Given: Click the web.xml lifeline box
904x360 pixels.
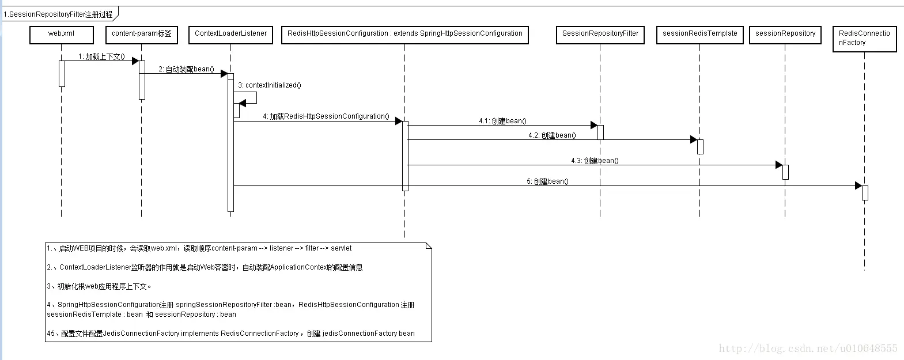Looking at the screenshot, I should (61, 35).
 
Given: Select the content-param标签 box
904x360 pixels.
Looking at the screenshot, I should (141, 35).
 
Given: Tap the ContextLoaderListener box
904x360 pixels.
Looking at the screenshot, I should (230, 35).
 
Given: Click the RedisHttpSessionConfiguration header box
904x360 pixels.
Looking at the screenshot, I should (404, 35).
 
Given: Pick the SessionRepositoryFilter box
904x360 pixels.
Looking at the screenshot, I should (600, 35).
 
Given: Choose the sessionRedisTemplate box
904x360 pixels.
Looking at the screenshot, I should (699, 35).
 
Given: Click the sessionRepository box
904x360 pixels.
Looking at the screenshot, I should (785, 35).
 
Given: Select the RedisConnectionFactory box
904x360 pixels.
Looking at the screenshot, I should (864, 39).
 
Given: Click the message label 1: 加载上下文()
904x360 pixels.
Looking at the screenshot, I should (101, 56).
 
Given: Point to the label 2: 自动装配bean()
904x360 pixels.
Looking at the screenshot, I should (186, 69).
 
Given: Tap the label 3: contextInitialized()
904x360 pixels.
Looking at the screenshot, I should (270, 85).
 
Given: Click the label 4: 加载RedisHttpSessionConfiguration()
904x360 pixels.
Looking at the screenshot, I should (326, 116).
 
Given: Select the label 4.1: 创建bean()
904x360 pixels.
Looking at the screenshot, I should (502, 121).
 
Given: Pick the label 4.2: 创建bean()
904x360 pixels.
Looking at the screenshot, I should (552, 135).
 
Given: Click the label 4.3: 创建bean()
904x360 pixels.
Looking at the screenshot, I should (595, 161).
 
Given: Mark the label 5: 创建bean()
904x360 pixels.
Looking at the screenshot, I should (547, 181).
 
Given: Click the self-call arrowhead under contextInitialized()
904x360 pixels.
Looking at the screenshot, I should (243, 103).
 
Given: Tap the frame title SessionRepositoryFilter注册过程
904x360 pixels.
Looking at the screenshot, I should (58, 14).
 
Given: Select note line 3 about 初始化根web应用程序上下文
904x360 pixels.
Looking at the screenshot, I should (99, 286).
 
